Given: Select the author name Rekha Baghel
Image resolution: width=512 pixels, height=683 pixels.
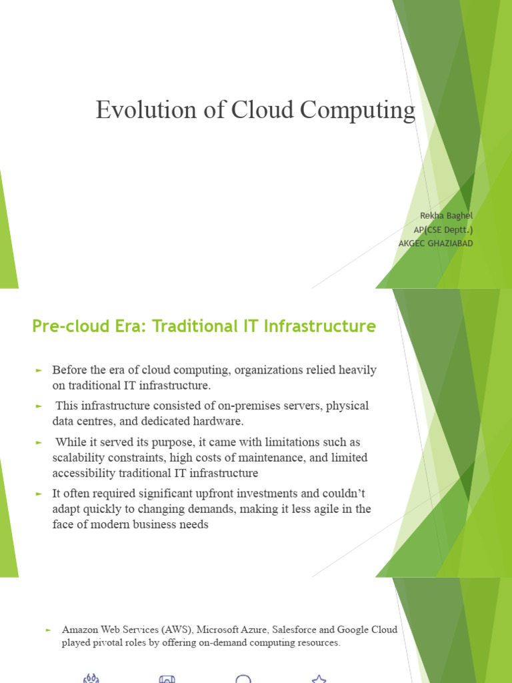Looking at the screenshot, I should click(x=446, y=215).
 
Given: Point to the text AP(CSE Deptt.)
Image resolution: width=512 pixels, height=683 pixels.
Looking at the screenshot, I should click(x=443, y=229).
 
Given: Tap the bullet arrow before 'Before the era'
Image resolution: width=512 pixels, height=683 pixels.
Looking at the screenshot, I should click(x=39, y=370).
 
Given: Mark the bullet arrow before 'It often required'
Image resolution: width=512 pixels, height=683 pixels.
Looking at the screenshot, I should click(x=39, y=494).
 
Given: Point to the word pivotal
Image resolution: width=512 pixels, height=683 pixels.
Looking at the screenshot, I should click(x=103, y=643).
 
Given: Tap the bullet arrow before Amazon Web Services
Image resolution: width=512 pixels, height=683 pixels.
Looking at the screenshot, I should click(x=48, y=630).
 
